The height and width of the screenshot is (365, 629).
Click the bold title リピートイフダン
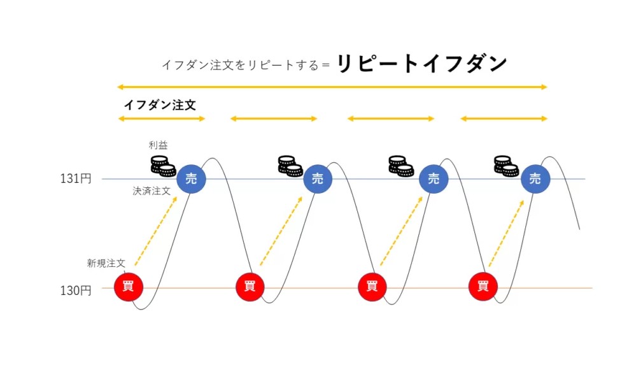pos(421,64)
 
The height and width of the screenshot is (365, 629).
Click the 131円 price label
pos(76,179)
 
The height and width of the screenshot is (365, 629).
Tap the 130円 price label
pos(76,290)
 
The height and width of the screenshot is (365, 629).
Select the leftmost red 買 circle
pos(128,287)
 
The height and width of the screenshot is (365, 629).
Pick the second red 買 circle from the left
pos(250,287)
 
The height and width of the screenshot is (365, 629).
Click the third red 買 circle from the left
pos(372,287)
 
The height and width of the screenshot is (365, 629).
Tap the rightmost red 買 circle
pos(483,287)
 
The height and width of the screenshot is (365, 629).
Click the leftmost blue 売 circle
pos(191,179)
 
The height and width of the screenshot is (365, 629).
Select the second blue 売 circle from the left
pos(317,179)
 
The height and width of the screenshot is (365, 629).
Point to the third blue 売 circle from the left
pos(434,179)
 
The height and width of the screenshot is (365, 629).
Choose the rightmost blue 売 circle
pos(535,179)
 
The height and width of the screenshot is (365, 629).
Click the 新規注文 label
pos(106,262)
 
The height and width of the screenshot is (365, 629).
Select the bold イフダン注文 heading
pos(159,105)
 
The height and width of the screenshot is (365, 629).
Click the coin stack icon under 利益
pos(163,166)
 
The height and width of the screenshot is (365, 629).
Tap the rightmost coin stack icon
pos(507,166)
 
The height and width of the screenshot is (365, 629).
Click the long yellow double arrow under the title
pos(332,87)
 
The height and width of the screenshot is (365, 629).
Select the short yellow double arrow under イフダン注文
pos(162,118)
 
